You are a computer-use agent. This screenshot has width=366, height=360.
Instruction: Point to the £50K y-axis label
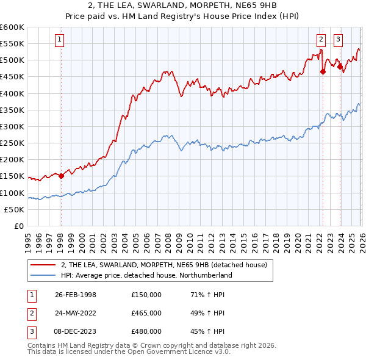(14, 209)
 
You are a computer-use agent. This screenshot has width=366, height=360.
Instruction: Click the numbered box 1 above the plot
(60, 41)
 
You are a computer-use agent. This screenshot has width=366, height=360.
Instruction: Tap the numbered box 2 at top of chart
(321, 41)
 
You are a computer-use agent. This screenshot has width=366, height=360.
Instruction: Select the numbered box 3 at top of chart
(338, 41)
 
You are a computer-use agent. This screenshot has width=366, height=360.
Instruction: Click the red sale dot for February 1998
(62, 176)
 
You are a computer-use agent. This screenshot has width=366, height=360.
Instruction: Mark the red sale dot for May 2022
(323, 71)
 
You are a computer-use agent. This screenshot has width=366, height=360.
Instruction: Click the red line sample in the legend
(43, 265)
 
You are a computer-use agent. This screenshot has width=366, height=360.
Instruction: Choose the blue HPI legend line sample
(43, 275)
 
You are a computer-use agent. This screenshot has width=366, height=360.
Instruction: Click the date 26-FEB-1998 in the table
(75, 294)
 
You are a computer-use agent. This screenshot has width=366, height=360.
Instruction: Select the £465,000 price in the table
(146, 312)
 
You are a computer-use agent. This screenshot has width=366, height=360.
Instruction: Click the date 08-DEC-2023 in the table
(76, 331)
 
